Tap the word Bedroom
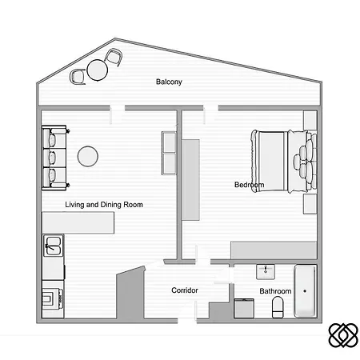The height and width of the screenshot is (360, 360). click(249, 186)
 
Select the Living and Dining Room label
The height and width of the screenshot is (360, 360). click(104, 205)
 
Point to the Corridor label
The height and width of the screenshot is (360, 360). click(185, 290)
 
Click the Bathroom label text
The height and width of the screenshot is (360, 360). click(274, 291)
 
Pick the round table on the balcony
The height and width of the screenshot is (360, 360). click(97, 70)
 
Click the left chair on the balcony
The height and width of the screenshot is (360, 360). click(78, 76)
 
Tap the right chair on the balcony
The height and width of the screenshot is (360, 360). click(114, 58)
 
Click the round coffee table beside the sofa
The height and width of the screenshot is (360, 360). click(87, 156)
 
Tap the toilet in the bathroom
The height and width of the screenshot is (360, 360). click(278, 306)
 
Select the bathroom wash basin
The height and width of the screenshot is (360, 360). click(265, 270)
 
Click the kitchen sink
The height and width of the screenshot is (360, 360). click(53, 246)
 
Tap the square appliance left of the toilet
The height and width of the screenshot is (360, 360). click(244, 308)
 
